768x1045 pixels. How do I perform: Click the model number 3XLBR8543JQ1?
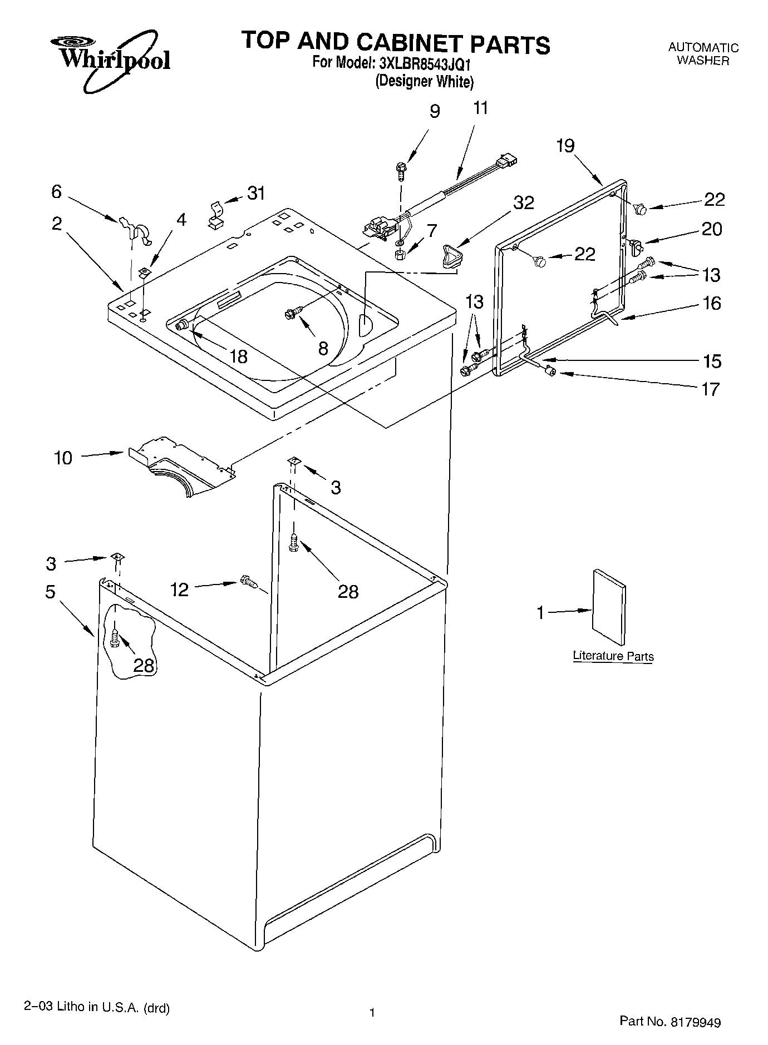tap(425, 63)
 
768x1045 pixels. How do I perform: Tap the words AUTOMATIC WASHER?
tap(703, 54)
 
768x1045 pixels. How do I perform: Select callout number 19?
tap(565, 146)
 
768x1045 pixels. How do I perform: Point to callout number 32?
tap(524, 202)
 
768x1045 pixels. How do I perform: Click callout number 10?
tap(63, 458)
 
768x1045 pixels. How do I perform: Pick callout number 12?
tap(179, 589)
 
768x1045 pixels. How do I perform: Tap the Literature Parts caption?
tap(613, 656)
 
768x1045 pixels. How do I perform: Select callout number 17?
tap(711, 389)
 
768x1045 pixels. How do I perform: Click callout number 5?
tap(50, 592)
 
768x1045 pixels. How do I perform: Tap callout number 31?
tap(256, 194)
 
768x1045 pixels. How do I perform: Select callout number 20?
tap(712, 229)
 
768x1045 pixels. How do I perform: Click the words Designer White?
tap(425, 82)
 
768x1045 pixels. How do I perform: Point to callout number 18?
tap(238, 356)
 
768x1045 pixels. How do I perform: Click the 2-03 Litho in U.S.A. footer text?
tap(97, 1007)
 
